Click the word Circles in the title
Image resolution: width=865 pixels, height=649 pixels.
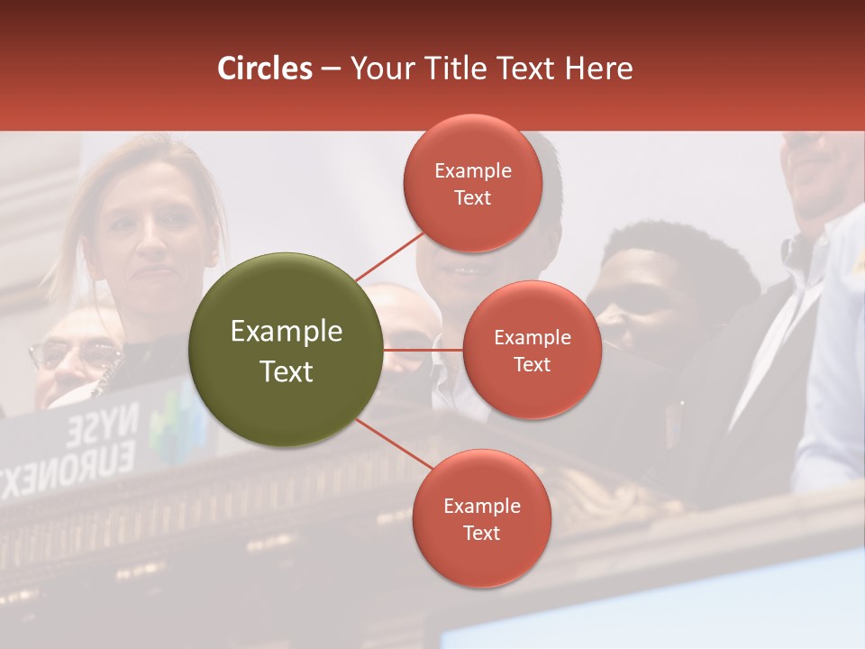265,69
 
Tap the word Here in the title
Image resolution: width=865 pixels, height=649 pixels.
597,69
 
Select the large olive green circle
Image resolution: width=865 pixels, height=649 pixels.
287,350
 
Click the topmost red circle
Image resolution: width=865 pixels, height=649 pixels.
472,184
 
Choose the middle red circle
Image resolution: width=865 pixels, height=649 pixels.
532,351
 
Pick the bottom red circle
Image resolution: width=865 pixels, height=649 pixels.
481,519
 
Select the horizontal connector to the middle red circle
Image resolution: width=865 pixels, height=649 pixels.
423,350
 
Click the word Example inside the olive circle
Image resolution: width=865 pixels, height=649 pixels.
287,332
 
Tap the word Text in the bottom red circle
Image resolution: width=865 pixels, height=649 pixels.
481,533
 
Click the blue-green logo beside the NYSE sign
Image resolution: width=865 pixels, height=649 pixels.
169,424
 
